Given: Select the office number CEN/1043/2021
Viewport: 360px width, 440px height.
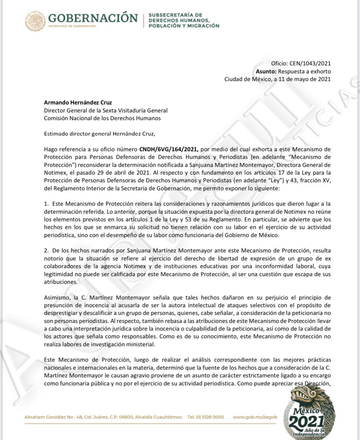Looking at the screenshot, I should (310, 64).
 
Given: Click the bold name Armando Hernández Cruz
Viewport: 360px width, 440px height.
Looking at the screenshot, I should (78, 102).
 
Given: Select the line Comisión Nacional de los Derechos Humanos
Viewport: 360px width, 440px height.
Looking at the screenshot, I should (102, 118).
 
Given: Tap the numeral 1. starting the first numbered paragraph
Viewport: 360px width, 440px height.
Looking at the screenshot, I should (46, 204).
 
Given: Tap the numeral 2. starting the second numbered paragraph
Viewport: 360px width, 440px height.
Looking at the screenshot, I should (46, 251).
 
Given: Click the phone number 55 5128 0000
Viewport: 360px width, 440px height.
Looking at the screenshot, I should (210, 417).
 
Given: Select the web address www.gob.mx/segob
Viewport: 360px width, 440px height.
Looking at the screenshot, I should (255, 417).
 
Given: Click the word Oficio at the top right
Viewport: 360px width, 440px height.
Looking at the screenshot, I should (279, 64).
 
